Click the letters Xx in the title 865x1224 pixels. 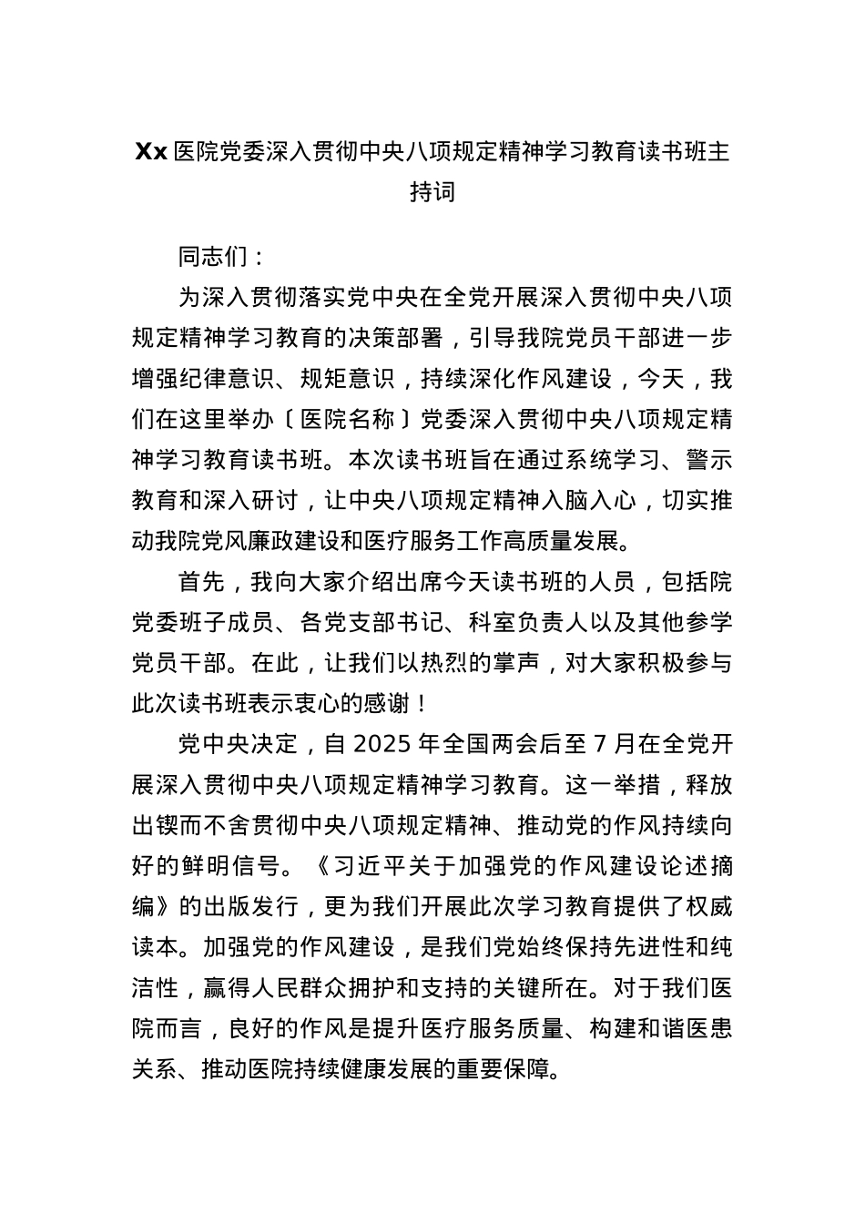click(151, 152)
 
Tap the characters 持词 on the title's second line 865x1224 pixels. click(432, 192)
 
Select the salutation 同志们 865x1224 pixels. click(212, 257)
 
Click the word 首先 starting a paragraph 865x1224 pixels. click(200, 582)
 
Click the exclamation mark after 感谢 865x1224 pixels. click(421, 704)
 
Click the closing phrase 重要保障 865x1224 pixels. click(513, 1068)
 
